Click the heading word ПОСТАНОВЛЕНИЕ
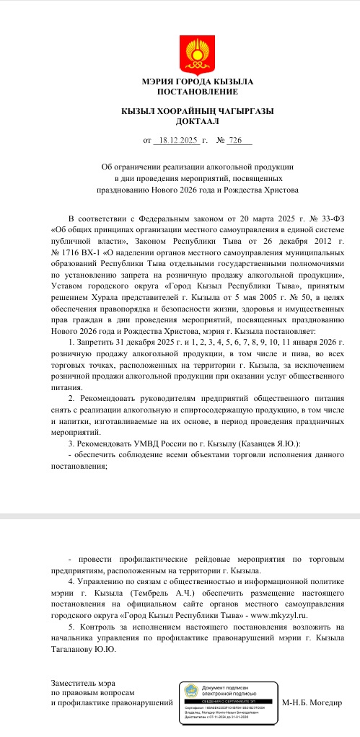180,92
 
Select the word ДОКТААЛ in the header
180,122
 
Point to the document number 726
215,140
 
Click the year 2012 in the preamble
284,244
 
